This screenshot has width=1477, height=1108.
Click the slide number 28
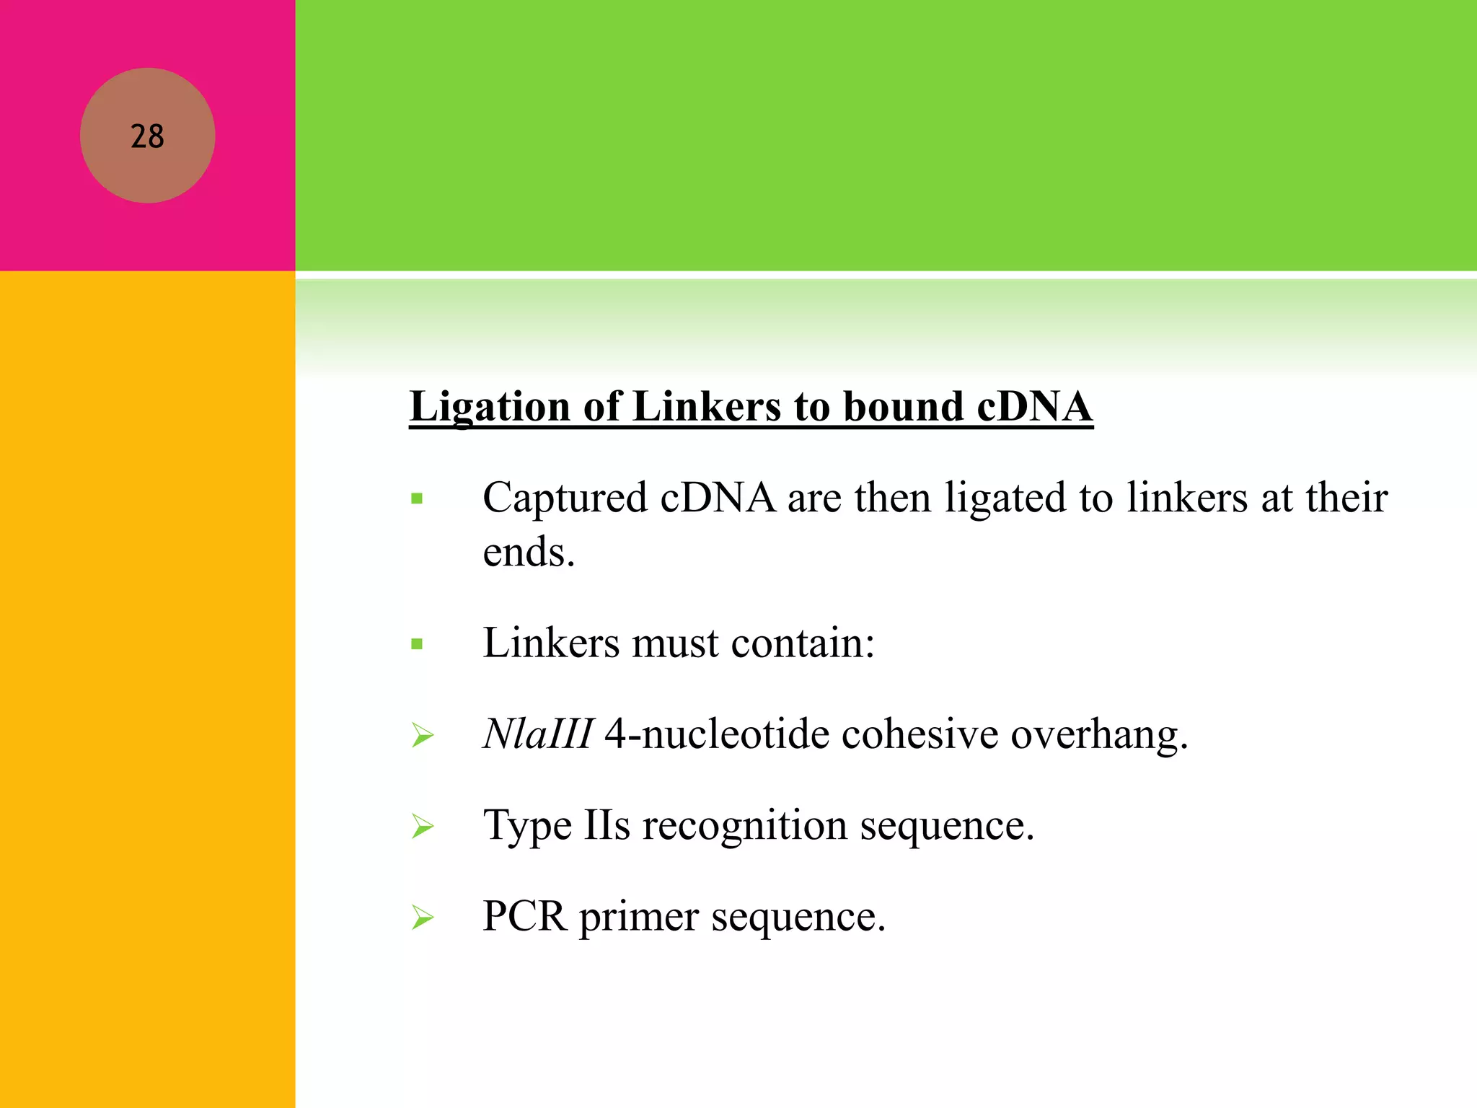pos(147,136)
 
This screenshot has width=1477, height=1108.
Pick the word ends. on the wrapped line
pos(529,553)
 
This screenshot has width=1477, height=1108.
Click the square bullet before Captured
pos(417,498)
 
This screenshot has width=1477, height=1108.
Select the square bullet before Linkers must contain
pos(417,644)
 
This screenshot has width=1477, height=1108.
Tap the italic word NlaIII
pos(538,734)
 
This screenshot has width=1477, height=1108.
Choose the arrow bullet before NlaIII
pos(422,736)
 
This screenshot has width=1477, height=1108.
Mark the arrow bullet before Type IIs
pos(422,827)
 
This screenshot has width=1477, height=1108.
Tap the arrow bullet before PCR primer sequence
pos(422,918)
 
